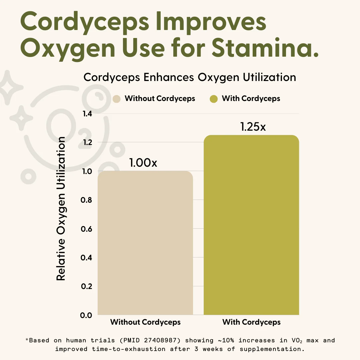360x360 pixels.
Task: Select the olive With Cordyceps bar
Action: coord(251,225)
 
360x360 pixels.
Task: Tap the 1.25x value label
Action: coord(253,127)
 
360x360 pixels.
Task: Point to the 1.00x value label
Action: coord(143,163)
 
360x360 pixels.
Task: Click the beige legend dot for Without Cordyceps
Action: coord(117,99)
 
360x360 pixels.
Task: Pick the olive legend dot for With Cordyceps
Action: coord(214,99)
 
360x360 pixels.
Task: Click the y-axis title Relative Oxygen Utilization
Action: coord(61,209)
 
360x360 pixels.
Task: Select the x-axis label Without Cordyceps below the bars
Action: coord(145,322)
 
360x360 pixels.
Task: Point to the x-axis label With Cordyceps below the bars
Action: coord(251,322)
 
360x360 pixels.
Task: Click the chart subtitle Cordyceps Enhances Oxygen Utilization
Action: coord(190,77)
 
